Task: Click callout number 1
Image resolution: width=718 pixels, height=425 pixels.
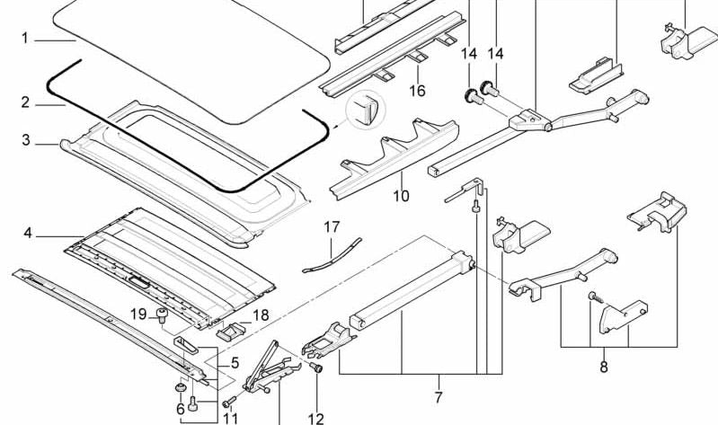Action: (x=25, y=39)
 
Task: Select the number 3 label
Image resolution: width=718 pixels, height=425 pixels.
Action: (x=26, y=140)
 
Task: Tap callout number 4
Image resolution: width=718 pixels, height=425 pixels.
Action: (x=28, y=234)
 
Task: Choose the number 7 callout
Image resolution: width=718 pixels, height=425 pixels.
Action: (x=438, y=396)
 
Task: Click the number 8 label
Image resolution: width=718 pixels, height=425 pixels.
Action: (x=603, y=367)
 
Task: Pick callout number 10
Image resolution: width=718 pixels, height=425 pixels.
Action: (x=401, y=195)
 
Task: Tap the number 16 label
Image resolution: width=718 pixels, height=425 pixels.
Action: (x=417, y=91)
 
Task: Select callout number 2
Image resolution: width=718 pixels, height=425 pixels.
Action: (x=26, y=102)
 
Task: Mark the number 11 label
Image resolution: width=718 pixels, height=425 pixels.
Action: (x=231, y=418)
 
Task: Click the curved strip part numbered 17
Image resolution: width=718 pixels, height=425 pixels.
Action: (x=331, y=254)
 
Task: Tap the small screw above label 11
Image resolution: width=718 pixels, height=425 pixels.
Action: (x=230, y=400)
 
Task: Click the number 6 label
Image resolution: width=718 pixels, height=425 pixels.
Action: (x=180, y=409)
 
